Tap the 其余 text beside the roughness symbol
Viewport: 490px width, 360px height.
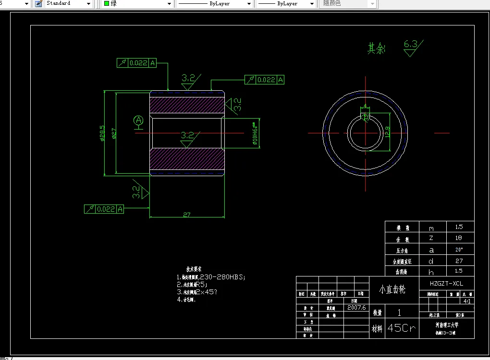click(376, 48)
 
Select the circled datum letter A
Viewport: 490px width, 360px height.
click(138, 120)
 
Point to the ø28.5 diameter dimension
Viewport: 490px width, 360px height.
click(102, 133)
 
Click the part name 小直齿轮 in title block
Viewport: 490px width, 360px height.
click(392, 289)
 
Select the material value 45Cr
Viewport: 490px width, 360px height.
click(401, 328)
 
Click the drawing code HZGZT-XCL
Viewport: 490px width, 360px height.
click(446, 284)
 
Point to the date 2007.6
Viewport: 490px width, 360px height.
click(356, 308)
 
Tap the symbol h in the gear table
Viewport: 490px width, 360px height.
click(431, 272)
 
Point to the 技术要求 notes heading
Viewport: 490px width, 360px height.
click(194, 269)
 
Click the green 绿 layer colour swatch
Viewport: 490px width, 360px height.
click(107, 3)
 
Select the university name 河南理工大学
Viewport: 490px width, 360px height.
click(446, 325)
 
